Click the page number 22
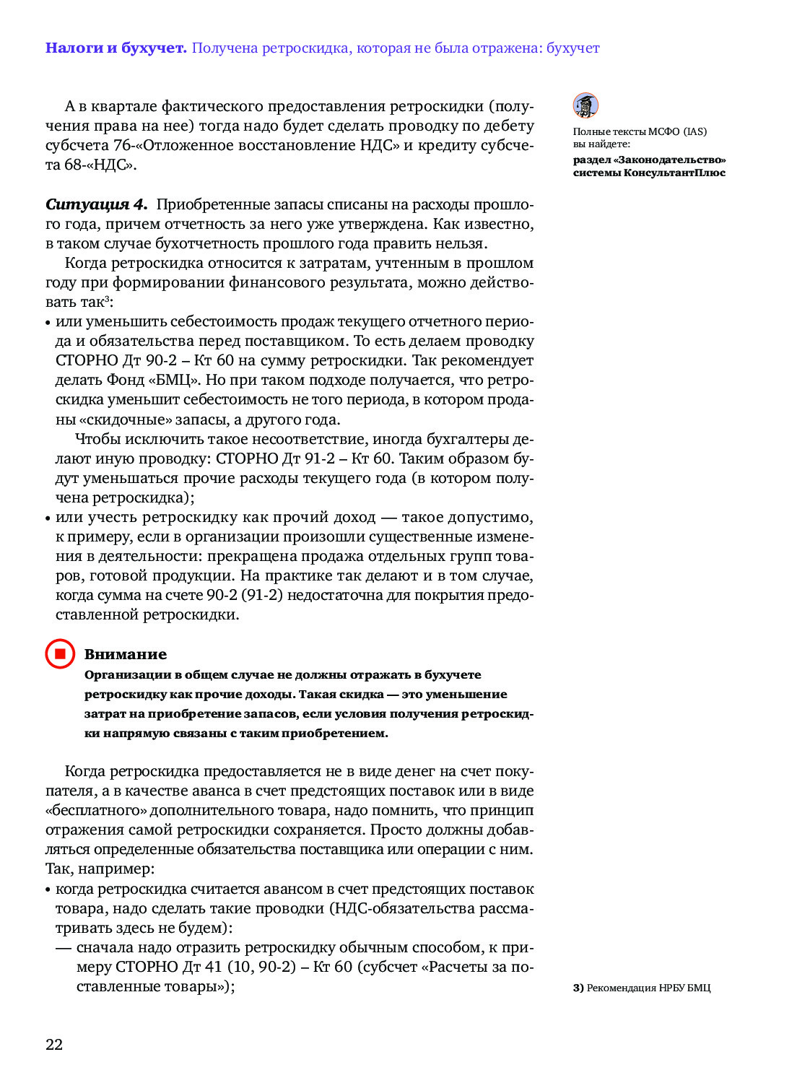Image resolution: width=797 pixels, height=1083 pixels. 54,1044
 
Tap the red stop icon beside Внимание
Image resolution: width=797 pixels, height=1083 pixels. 60,654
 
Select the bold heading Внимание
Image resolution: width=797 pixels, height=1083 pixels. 125,654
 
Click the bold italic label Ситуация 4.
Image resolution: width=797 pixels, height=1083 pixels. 96,205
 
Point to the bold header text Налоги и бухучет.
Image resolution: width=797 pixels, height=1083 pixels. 116,48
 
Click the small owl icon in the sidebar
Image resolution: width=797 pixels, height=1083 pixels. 585,105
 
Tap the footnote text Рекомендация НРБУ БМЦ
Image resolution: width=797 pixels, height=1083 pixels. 648,988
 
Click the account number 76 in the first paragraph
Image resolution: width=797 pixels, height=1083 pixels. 122,145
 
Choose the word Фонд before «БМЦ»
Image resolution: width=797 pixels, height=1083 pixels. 126,380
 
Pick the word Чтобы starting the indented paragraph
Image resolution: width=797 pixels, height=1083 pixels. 97,439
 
